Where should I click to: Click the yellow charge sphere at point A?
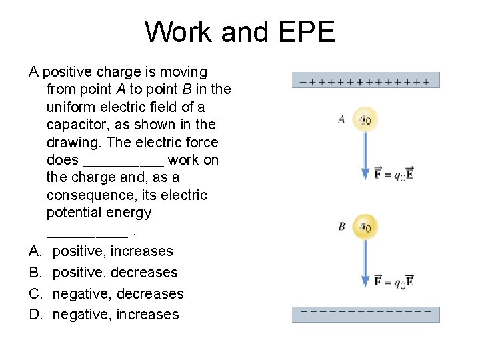tap(365, 119)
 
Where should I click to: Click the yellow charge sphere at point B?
tap(365, 227)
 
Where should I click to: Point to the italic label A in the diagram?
tap(341, 119)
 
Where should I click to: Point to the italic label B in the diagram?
tap(341, 227)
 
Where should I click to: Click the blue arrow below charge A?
tap(365, 156)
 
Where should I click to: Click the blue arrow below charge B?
tap(365, 263)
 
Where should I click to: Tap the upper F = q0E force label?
tap(394, 175)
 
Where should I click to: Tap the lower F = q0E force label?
tap(394, 281)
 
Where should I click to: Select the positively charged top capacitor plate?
tap(365, 81)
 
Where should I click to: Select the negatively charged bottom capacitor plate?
tap(365, 314)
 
